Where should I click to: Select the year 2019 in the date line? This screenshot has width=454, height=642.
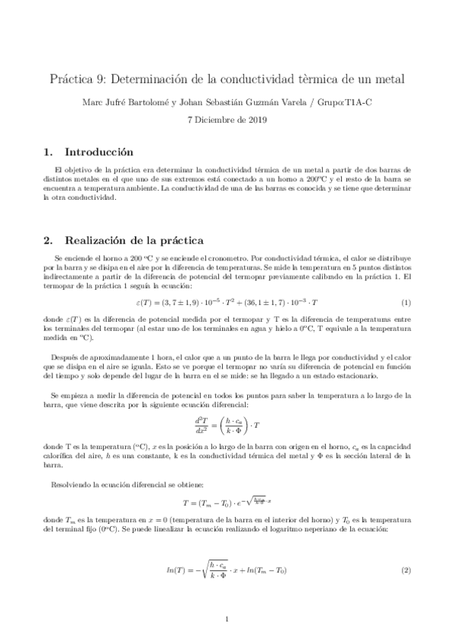[x=256, y=120]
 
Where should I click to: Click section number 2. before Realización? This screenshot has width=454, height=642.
[x=48, y=241]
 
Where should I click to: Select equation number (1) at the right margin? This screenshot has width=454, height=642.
[x=405, y=303]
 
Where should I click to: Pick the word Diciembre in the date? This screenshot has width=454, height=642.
[x=217, y=120]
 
